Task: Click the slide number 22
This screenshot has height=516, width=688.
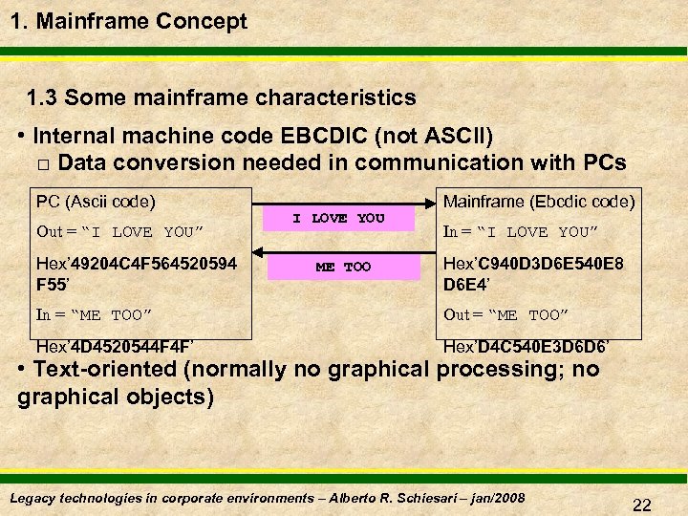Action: click(641, 504)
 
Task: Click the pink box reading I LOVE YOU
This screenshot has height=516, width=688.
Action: click(338, 219)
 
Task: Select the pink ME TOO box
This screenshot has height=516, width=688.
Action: click(343, 267)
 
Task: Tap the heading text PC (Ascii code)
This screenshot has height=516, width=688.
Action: click(96, 202)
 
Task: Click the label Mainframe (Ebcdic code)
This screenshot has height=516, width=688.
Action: click(539, 202)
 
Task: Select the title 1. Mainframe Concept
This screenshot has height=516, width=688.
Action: click(130, 21)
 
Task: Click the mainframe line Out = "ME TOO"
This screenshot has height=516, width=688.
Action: click(511, 314)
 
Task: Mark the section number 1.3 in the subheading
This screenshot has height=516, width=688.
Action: click(42, 97)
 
